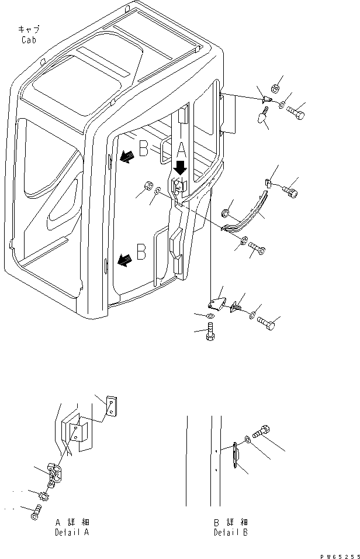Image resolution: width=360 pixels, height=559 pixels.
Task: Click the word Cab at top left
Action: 29,40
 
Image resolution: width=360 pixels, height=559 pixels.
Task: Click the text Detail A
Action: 72,533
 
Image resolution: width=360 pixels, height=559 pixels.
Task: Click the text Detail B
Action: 231,533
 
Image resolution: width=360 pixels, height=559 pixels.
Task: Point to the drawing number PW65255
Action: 340,556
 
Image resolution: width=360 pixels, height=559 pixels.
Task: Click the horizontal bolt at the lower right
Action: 266,323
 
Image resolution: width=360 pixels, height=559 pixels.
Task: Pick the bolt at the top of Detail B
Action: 261,431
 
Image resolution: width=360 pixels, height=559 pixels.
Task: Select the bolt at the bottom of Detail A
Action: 36,512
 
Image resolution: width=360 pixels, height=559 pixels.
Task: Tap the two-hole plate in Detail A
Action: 112,406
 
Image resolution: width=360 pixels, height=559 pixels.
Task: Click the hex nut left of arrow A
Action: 148,186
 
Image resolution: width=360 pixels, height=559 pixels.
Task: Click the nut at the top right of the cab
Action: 275,87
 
